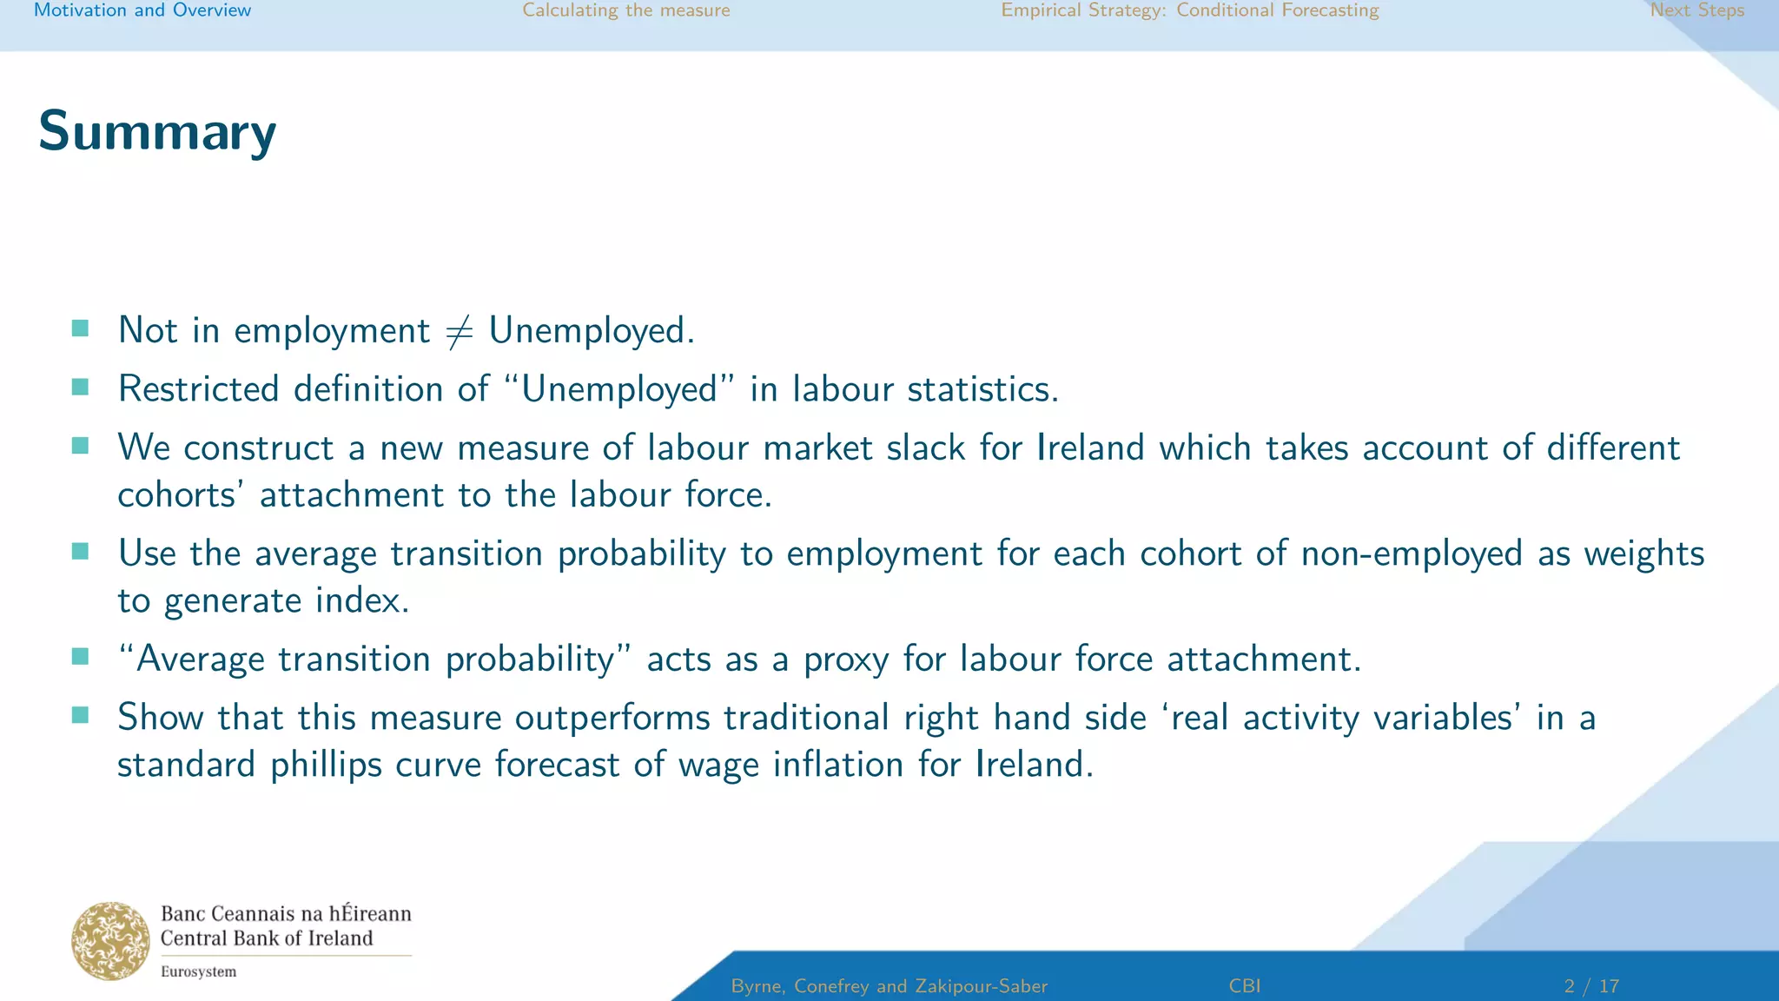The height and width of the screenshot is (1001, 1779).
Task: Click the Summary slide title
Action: [157, 131]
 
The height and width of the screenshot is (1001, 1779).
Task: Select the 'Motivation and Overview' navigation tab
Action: [142, 10]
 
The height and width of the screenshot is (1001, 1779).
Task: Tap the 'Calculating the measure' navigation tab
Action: [626, 10]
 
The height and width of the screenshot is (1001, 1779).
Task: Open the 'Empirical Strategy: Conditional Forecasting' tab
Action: [1190, 10]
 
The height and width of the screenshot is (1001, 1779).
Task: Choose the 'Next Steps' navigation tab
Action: [1697, 10]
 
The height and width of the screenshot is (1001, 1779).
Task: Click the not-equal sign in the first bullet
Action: [459, 331]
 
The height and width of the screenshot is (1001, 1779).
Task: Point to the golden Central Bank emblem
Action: [110, 940]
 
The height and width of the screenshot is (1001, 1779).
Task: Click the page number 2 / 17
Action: [1591, 986]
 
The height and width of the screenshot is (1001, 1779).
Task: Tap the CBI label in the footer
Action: [1245, 986]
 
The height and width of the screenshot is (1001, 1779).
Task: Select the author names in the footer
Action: [889, 986]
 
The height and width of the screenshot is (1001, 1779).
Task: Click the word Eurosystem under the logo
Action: [198, 971]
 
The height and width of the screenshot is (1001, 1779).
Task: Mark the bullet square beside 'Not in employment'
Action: [81, 328]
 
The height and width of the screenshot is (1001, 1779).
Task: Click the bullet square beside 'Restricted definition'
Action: [81, 387]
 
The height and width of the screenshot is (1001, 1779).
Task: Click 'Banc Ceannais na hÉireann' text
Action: [286, 913]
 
